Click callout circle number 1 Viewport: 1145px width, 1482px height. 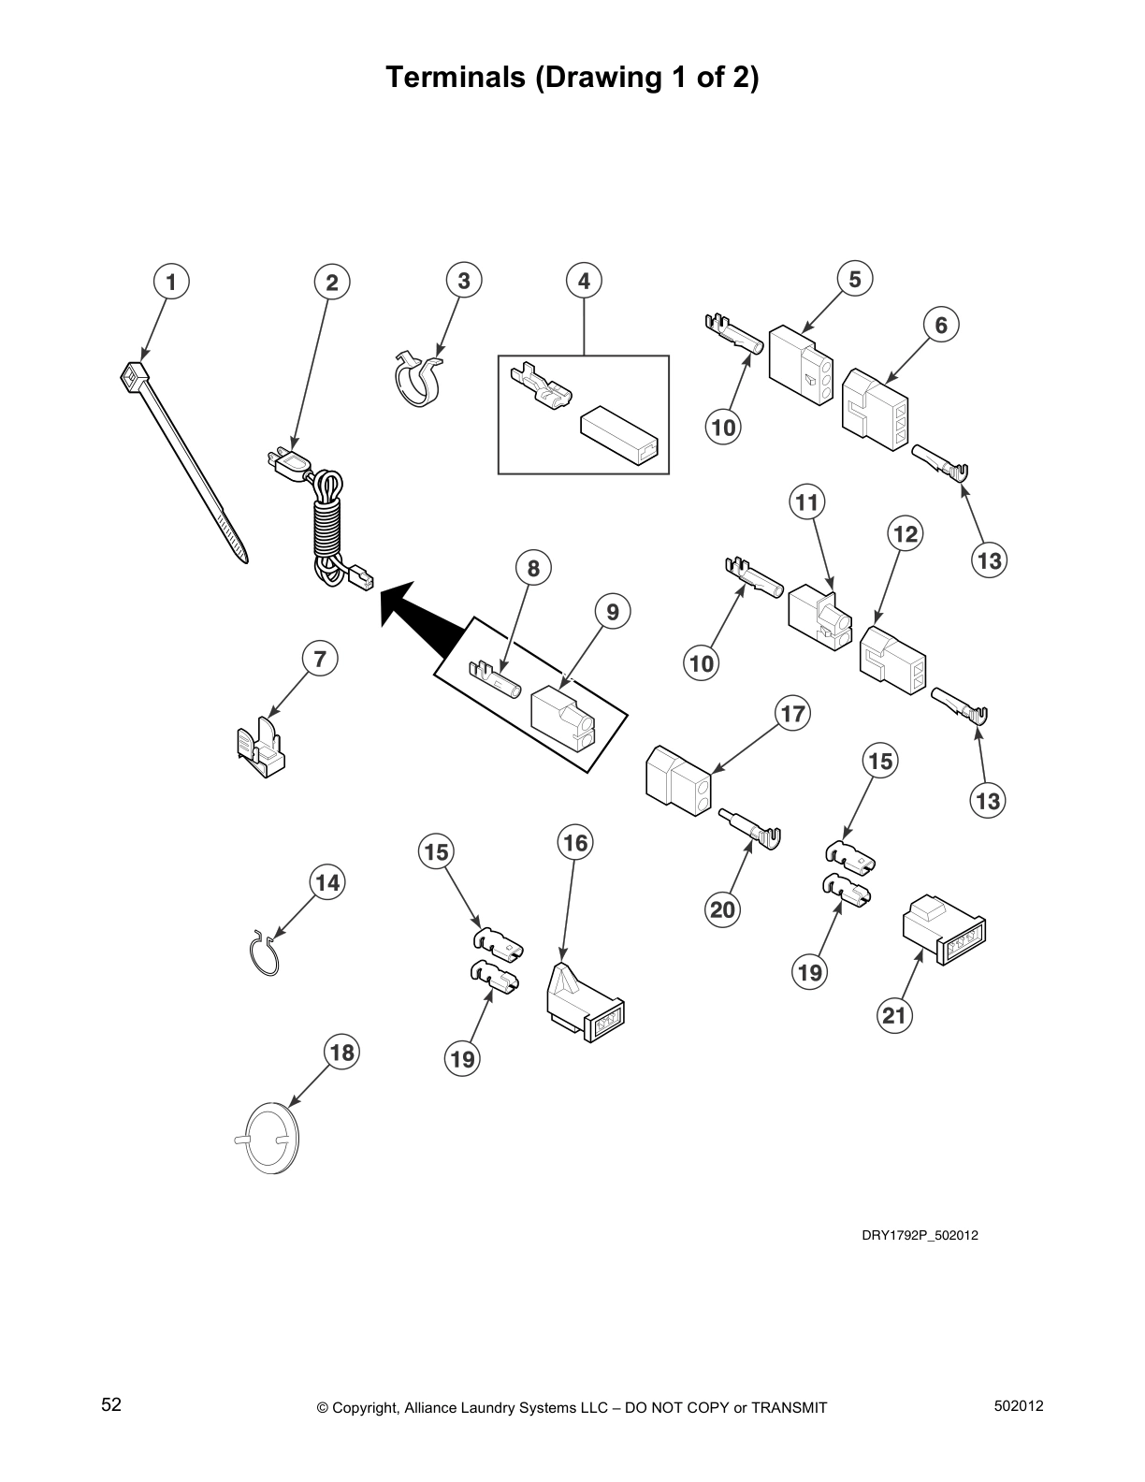pos(171,281)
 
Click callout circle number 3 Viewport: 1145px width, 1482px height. pos(464,280)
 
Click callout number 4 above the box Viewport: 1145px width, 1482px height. pos(584,280)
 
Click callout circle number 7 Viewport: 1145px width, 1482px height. pos(320,659)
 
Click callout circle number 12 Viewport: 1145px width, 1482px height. pos(905,534)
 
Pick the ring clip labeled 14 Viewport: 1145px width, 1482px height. pos(264,954)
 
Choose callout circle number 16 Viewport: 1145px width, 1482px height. pos(575,843)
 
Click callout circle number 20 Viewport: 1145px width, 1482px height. pos(722,909)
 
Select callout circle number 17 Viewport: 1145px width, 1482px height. pos(792,715)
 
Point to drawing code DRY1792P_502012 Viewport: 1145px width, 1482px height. pos(920,1235)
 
